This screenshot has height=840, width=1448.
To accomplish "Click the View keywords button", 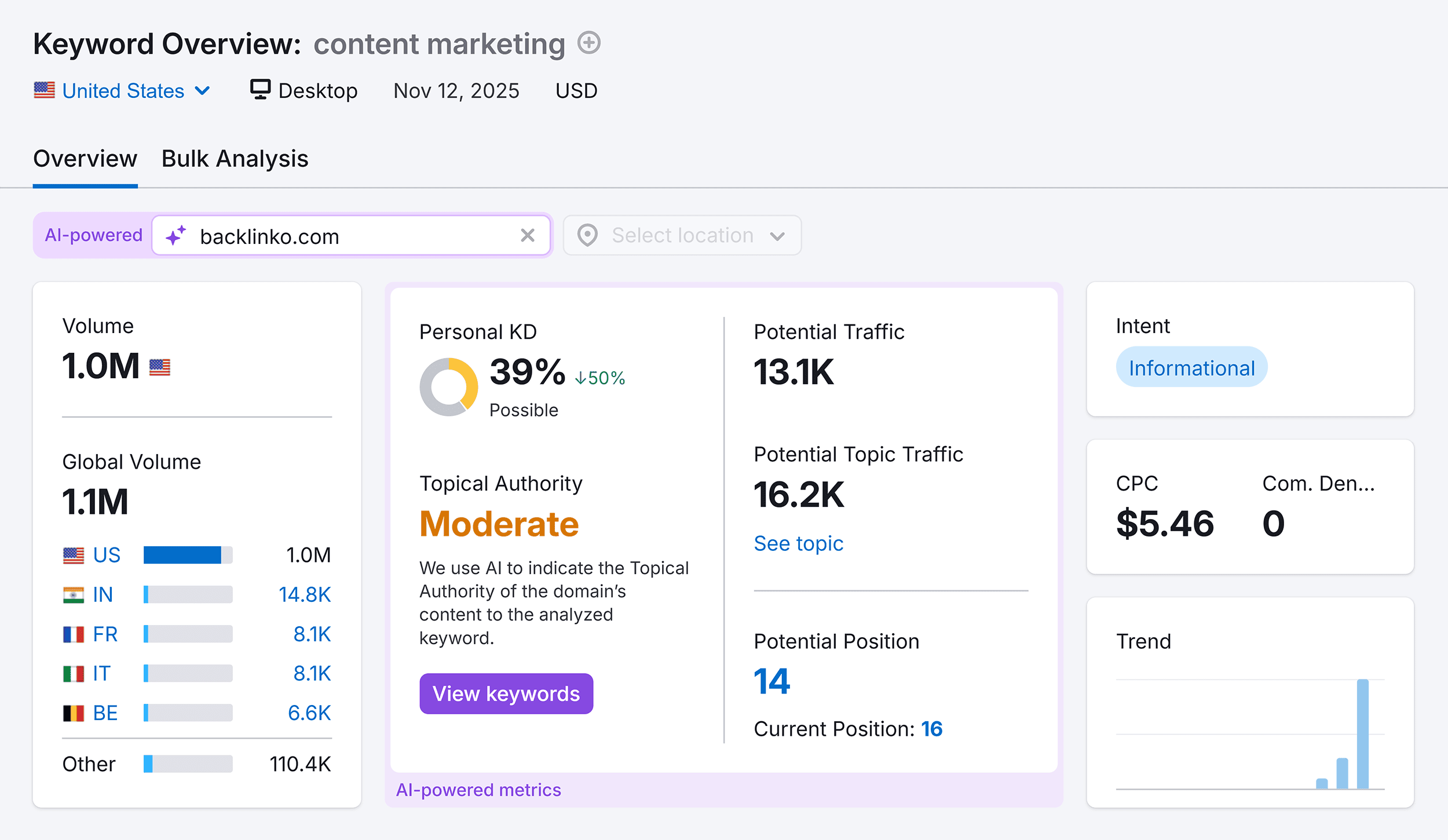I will click(506, 693).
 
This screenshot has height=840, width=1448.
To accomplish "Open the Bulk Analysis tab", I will click(235, 159).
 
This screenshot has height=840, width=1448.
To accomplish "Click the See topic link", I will click(798, 543).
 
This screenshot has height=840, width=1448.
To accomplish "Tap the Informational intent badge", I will click(1191, 367).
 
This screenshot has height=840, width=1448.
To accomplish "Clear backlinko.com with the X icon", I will click(527, 235).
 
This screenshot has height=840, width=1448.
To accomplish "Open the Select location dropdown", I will click(682, 235).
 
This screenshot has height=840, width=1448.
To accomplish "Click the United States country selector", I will click(122, 91).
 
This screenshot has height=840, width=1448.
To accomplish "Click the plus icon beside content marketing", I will click(589, 43).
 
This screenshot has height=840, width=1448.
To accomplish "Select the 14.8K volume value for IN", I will click(304, 594).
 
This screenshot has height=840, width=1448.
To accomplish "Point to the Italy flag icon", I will click(74, 674).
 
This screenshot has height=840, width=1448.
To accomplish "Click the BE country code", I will click(105, 713).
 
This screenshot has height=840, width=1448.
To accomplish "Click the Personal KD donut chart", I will click(448, 387).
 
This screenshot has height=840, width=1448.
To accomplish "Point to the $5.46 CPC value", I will click(1165, 524).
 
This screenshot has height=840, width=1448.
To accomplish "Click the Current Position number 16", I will click(932, 729).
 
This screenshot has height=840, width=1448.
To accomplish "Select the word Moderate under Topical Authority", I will click(499, 524).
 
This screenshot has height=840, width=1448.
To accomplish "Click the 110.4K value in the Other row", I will click(300, 764).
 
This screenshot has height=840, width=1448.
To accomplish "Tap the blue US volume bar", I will click(182, 555).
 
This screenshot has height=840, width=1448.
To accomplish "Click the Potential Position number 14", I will click(771, 681).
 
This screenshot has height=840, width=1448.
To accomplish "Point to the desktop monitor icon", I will click(260, 90).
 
